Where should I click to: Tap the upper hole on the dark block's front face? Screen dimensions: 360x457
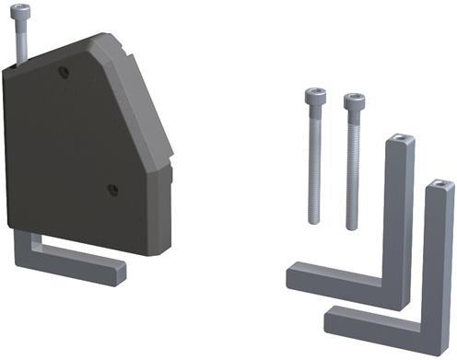pos(63,71)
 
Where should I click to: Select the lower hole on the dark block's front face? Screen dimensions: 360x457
pos(112,189)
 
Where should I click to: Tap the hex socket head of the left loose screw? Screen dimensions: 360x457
pos(313,96)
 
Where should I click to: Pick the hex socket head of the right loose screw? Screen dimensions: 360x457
pos(353,100)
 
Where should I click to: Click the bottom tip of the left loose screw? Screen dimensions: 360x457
pos(314,221)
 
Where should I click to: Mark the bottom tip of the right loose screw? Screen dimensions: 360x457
pos(352,226)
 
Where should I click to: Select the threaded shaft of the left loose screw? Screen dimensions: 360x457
pos(314,166)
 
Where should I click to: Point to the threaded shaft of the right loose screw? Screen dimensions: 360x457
pos(353,170)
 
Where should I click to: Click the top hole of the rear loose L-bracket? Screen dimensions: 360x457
pos(398,140)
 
